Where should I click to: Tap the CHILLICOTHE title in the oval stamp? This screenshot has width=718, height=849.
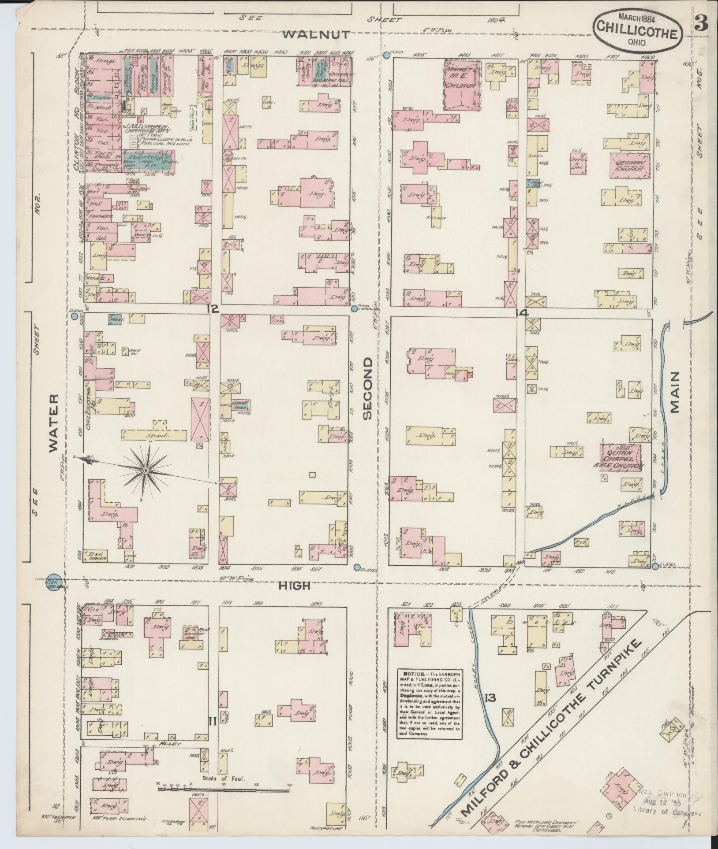tap(637, 32)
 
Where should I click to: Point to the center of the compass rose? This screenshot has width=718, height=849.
tap(146, 471)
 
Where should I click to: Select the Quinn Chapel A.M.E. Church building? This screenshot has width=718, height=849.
tap(621, 459)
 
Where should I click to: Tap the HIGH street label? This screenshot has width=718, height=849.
tap(295, 586)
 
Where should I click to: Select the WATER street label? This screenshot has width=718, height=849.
tap(53, 423)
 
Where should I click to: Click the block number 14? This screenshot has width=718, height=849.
tap(523, 313)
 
